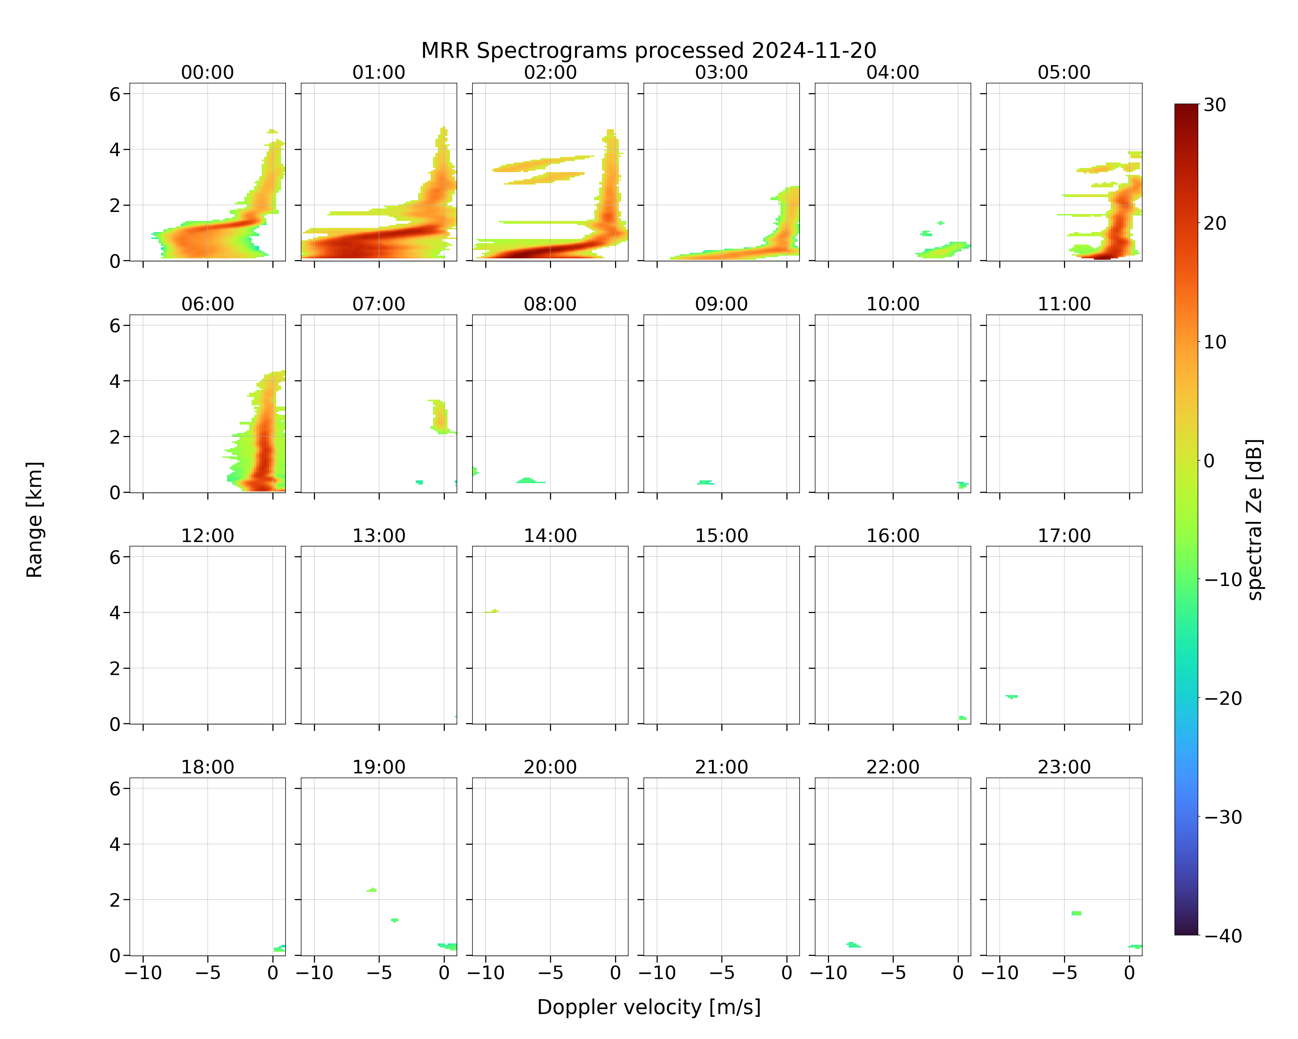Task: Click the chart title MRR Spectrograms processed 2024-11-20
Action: [x=648, y=51]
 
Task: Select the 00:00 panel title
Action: [x=208, y=72]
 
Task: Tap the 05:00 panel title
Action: [x=1064, y=72]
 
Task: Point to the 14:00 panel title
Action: [x=550, y=535]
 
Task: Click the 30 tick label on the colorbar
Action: [x=1215, y=105]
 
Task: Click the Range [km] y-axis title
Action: [x=34, y=519]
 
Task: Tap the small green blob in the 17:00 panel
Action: [x=1011, y=696]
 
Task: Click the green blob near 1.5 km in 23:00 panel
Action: [x=1076, y=913]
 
